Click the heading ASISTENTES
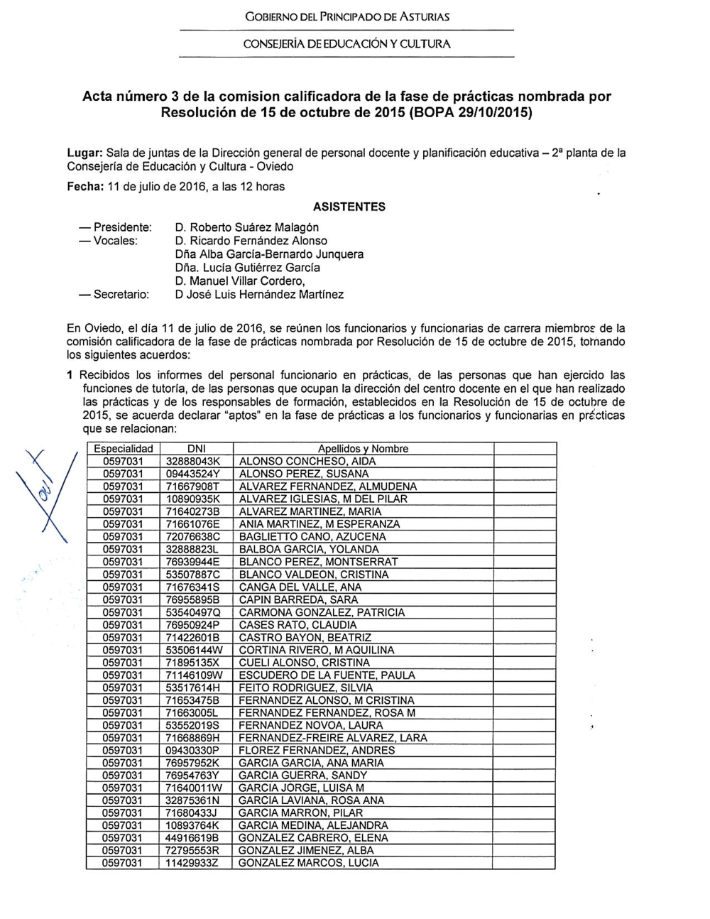pos(349,207)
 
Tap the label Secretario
pos(121,294)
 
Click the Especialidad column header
pos(124,449)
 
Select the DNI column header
pos(196,449)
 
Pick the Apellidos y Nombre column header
pos(363,449)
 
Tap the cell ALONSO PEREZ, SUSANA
pos(304,474)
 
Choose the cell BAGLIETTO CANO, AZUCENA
pos(312,537)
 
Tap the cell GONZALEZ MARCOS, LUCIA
pos(309,863)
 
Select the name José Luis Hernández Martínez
pos(259,294)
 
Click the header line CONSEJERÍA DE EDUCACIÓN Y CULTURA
pos(346,44)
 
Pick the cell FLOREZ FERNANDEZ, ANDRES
pos(317,750)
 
